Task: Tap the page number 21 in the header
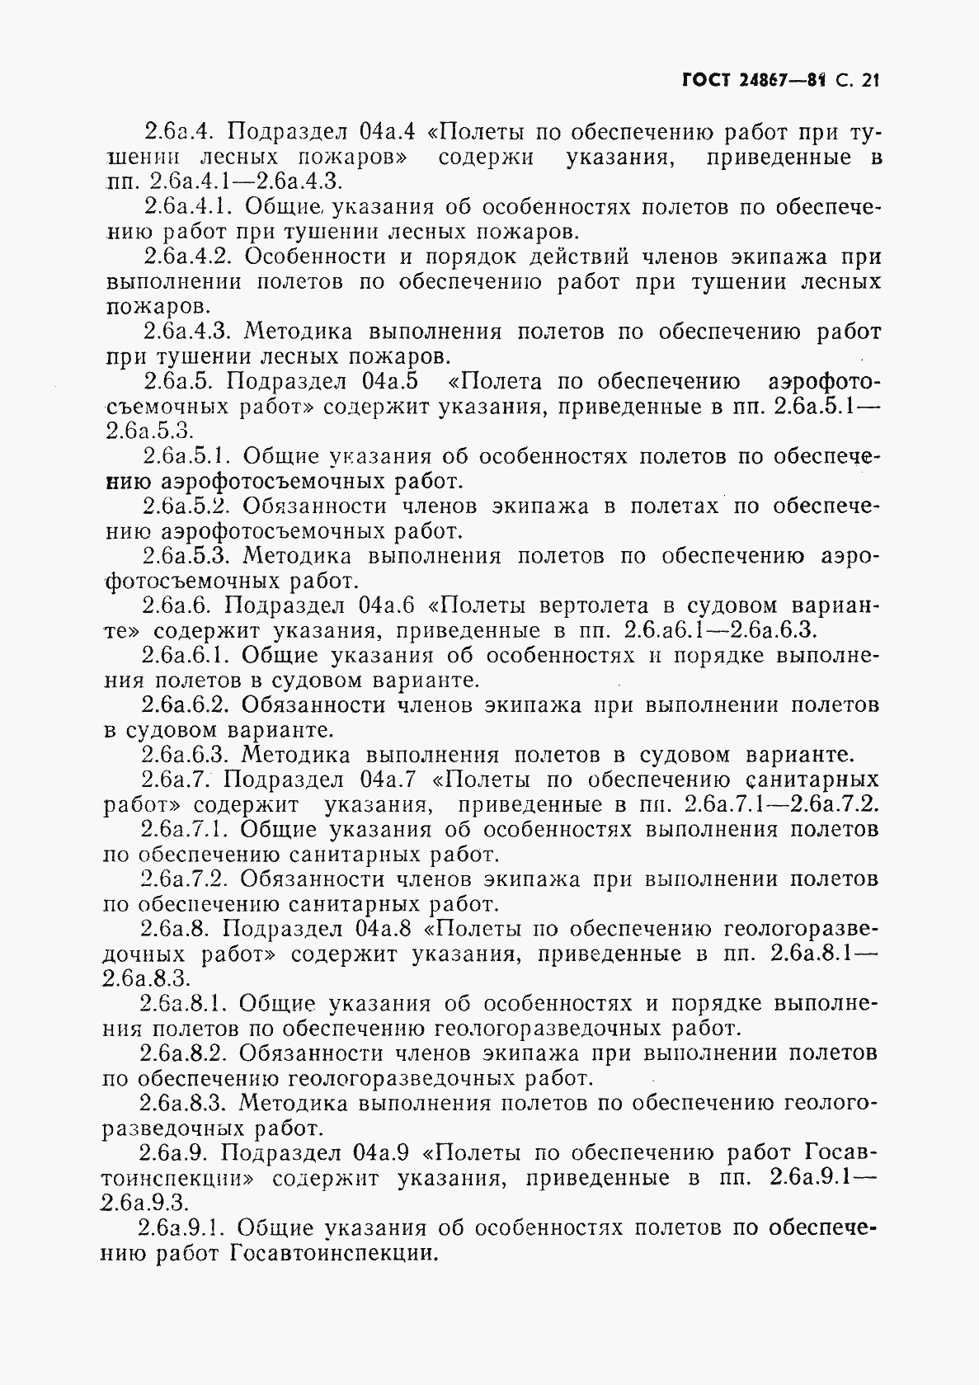pos(870,81)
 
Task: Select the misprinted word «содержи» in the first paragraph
pos(486,157)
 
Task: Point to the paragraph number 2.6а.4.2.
pos(189,257)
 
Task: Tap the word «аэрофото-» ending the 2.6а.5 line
pos(824,382)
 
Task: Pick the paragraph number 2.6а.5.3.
pos(188,556)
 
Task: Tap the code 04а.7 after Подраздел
pos(388,780)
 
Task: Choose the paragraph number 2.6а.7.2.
pos(186,879)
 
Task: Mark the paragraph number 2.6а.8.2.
pos(186,1053)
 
